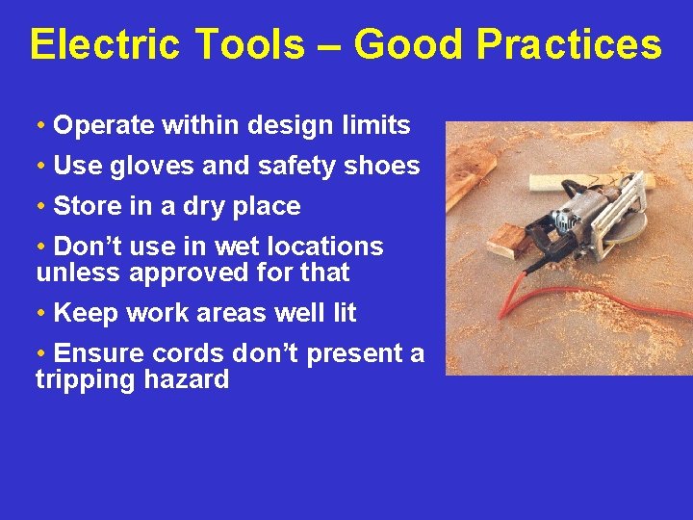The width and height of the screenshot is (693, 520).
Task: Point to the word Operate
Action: [104, 126]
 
